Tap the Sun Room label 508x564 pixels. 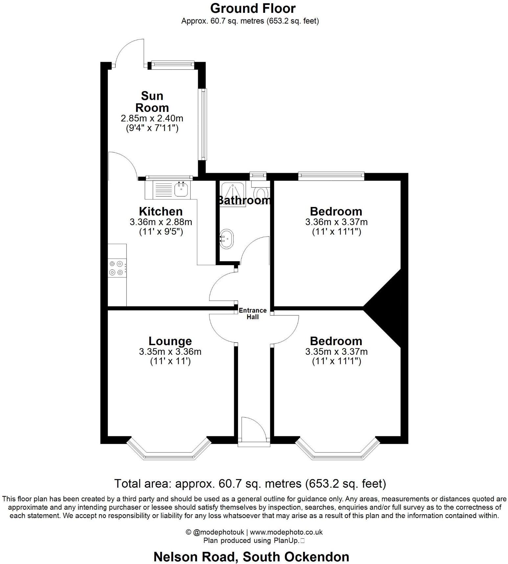pyautogui.click(x=152, y=102)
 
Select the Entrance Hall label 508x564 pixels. pyautogui.click(x=253, y=314)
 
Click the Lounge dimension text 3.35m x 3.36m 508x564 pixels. pyautogui.click(x=170, y=351)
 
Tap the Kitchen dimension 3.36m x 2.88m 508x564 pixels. pyautogui.click(x=161, y=222)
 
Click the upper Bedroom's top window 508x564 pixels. pyautogui.click(x=331, y=176)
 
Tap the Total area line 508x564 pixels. pyautogui.click(x=250, y=483)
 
